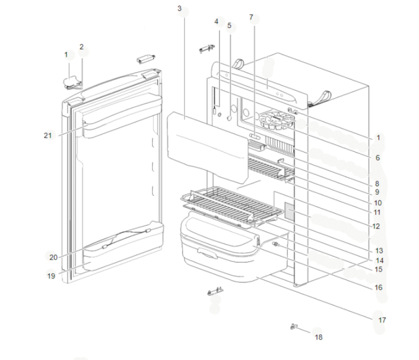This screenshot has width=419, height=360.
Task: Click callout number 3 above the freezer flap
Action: click(179, 8)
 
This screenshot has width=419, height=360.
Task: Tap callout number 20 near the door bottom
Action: click(53, 257)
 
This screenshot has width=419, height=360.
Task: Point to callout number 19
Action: click(51, 276)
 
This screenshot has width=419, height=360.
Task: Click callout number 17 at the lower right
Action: click(382, 320)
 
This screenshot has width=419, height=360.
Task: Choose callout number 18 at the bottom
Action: click(319, 337)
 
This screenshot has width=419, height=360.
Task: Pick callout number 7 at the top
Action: click(251, 17)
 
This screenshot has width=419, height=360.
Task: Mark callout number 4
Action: click(217, 21)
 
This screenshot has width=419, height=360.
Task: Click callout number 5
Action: click(229, 25)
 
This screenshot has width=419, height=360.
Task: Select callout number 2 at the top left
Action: click(81, 46)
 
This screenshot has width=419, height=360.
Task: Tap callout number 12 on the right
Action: click(375, 226)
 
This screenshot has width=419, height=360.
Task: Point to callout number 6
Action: click(378, 158)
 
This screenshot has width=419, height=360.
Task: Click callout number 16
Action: click(379, 288)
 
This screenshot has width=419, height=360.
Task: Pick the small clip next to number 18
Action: click(294, 327)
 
